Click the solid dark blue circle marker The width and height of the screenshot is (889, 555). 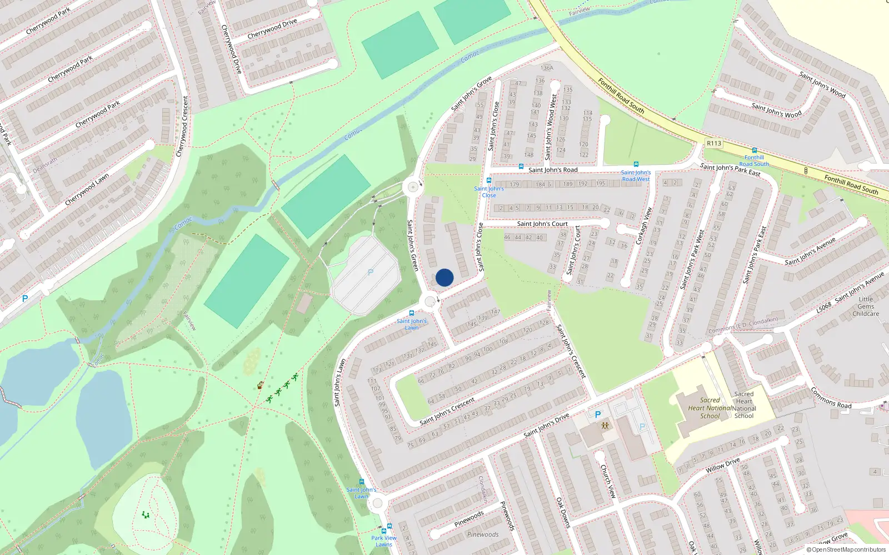coord(444,277)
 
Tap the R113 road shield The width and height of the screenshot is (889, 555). coord(714,143)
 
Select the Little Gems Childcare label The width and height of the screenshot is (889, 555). coord(866,306)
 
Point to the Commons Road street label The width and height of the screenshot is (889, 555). coord(831,398)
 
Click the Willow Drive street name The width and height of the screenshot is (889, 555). coord(723,465)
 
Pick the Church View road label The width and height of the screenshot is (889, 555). coord(608,481)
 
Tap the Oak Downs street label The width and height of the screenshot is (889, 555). coord(563,512)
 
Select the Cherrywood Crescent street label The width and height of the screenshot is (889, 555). coord(182,127)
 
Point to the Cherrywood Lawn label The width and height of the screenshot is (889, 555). coord(87,189)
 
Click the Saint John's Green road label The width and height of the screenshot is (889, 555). coord(412,245)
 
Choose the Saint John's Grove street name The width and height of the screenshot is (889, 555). coord(472,93)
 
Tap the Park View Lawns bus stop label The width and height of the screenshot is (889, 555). coord(384,541)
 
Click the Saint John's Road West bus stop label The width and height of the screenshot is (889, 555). coord(636,176)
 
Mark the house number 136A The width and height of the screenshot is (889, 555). coord(547,68)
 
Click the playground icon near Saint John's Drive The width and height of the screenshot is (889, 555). coord(605,426)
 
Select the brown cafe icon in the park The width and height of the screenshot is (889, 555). coord(259,385)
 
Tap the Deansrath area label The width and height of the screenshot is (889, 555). coord(45,165)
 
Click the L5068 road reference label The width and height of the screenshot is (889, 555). coord(824,306)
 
